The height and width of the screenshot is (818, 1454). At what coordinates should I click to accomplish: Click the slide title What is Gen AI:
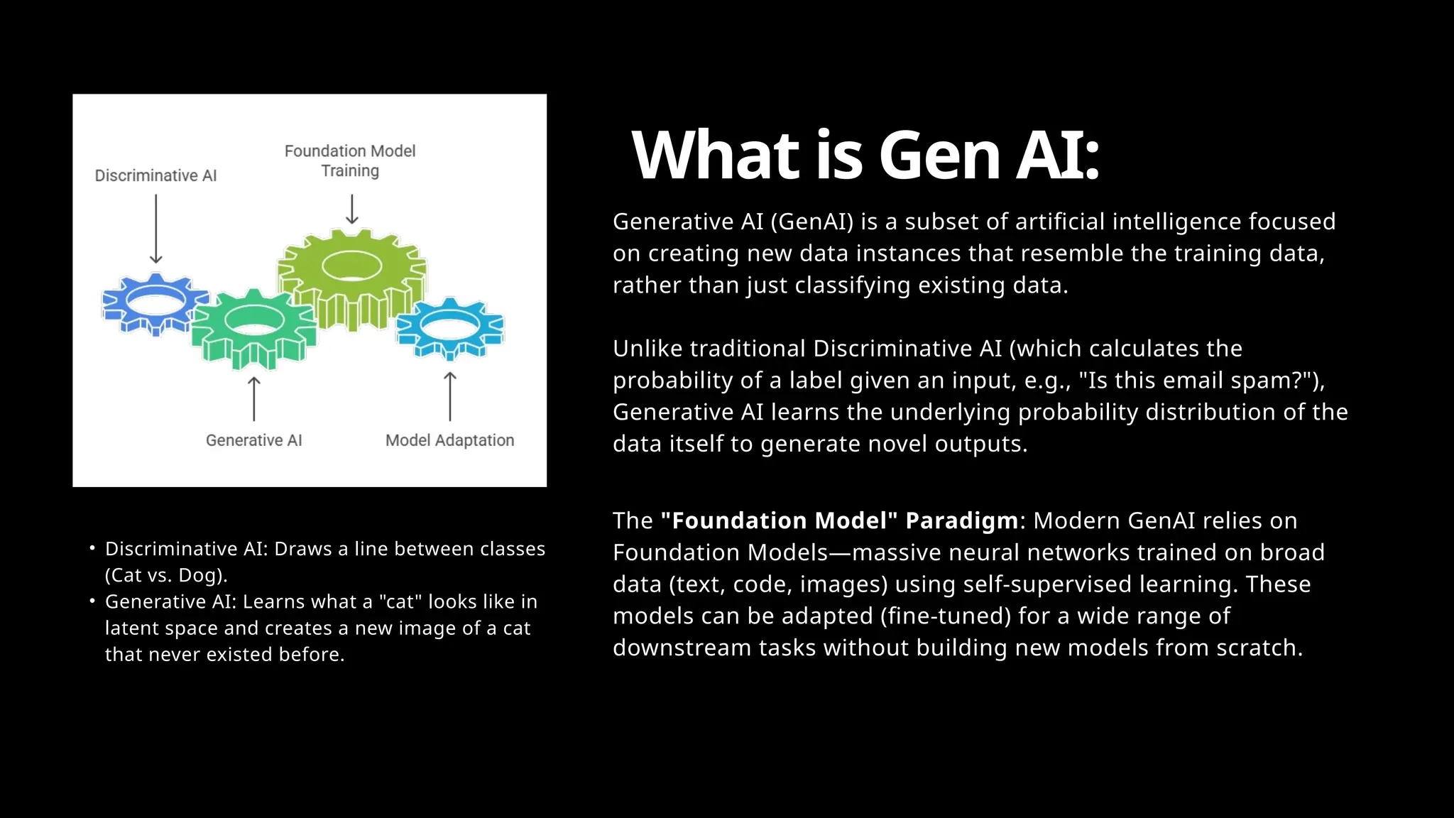865,156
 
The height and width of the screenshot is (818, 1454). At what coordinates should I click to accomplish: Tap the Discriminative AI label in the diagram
155,175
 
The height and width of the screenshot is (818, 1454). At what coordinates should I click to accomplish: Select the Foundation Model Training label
350,160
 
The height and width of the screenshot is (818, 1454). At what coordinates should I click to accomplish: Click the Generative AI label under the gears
253,440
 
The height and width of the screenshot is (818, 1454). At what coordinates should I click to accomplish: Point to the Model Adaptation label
449,440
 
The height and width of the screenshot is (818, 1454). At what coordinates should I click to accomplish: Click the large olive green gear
352,273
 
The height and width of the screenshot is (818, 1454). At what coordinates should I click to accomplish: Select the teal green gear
254,328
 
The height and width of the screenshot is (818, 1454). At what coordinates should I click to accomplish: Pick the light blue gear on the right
450,328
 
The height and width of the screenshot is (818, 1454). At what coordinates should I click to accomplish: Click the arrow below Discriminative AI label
156,229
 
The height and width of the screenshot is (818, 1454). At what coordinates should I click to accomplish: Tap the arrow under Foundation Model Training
352,210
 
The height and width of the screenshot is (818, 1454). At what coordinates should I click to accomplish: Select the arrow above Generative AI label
253,399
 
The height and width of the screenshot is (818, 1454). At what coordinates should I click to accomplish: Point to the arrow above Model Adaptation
449,396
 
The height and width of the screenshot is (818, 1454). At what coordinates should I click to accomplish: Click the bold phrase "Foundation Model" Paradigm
839,520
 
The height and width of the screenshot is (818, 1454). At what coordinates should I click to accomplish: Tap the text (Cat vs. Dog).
166,575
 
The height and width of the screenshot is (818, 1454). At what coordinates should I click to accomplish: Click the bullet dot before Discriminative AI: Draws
92,548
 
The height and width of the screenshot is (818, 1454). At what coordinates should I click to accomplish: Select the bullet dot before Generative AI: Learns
92,601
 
